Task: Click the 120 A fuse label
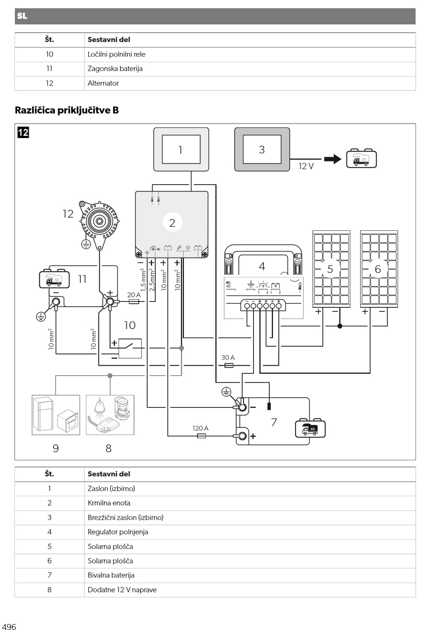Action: pos(200,428)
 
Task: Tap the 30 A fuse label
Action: pos(228,358)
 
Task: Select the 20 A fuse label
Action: pos(134,295)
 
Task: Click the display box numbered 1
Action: pos(181,149)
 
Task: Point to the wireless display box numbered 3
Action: pos(262,149)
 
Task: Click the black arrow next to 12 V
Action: pos(333,159)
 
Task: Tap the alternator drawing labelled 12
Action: pos(99,224)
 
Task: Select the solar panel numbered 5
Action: pos(331,269)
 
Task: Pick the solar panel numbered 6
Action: pos(379,269)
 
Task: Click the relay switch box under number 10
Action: pos(130,348)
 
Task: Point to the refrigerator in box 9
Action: pos(43,414)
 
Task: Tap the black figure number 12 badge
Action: pos(23,132)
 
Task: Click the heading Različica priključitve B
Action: pos(67,110)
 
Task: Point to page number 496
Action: pos(9,626)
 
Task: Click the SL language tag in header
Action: pos(22,16)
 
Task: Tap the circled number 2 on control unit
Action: pos(172,223)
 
